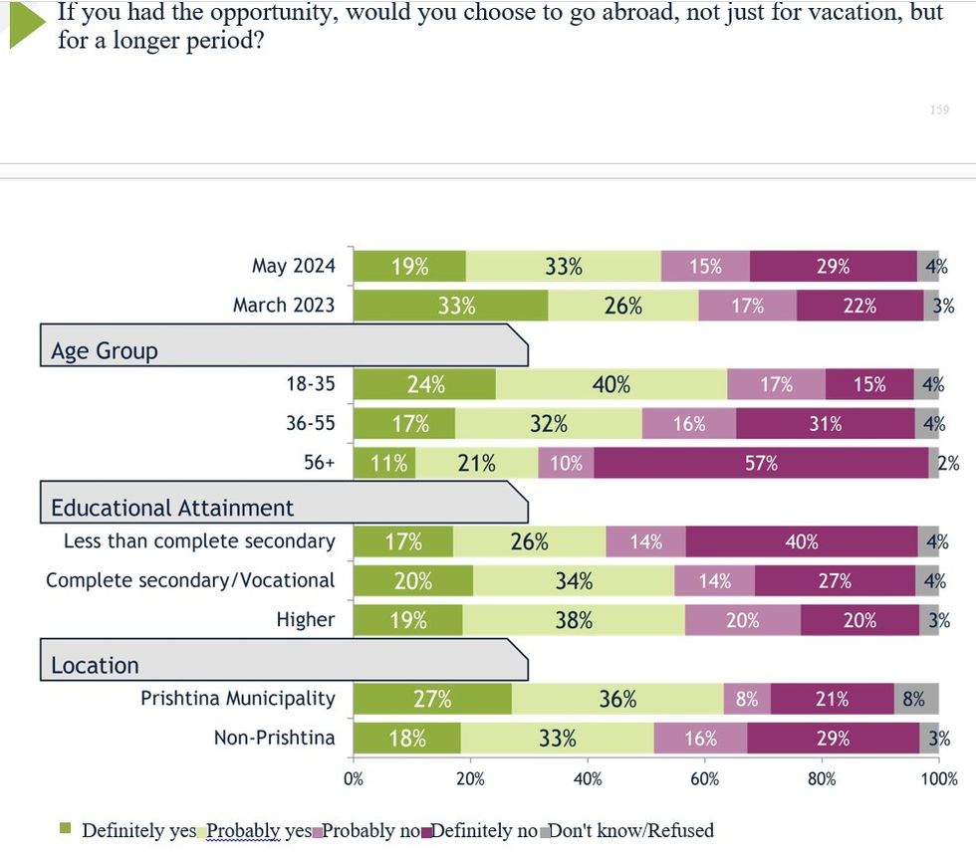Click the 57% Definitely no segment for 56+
(762, 464)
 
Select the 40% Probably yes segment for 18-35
(611, 384)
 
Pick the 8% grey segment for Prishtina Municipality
(914, 700)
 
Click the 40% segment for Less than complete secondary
(802, 541)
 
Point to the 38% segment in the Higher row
(574, 620)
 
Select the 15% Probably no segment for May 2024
(705, 266)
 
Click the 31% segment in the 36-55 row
(825, 424)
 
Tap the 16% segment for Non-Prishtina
(700, 739)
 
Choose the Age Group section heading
(105, 351)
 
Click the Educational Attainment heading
(172, 508)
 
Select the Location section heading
(95, 665)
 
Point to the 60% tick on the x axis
(704, 779)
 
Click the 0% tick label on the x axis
(354, 779)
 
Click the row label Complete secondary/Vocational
(190, 580)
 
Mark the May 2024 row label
(294, 266)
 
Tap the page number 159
(939, 109)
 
